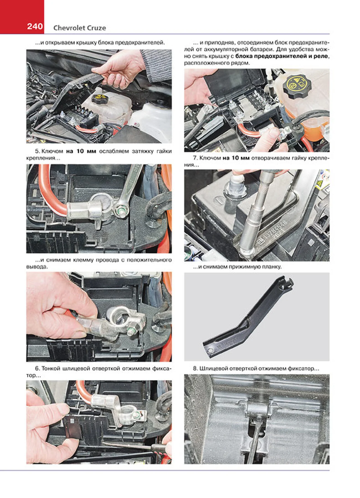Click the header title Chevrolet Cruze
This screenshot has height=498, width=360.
[x=79, y=28]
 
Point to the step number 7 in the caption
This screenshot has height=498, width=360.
[x=195, y=158]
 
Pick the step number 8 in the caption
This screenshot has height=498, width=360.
[x=195, y=369]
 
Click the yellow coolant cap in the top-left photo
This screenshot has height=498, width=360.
[x=98, y=98]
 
